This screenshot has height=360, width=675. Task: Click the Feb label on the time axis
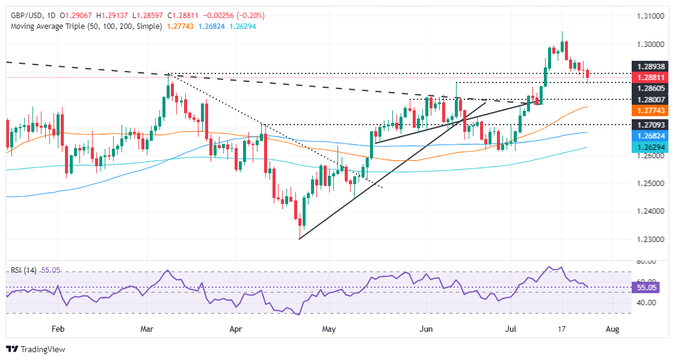tap(58, 329)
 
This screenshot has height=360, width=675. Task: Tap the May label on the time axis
tap(328, 329)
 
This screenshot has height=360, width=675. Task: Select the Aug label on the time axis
tap(612, 329)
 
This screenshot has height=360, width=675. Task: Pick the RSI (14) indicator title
tap(23, 270)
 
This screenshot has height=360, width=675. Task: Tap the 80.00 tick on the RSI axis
tap(644, 262)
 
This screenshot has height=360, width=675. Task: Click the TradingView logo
tap(35, 349)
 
